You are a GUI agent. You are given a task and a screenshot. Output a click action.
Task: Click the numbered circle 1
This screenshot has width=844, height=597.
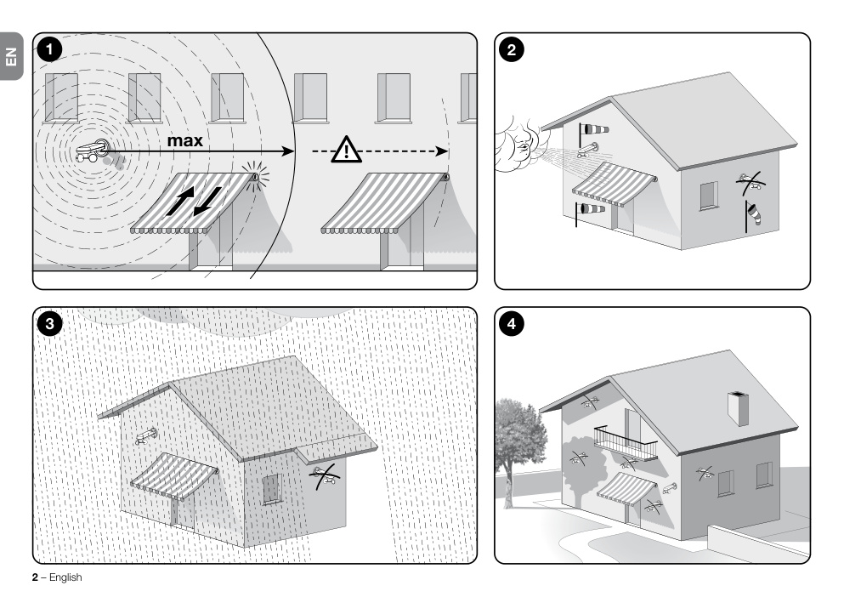click(x=49, y=50)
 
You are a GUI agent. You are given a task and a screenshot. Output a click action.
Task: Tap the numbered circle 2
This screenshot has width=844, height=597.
click(x=512, y=50)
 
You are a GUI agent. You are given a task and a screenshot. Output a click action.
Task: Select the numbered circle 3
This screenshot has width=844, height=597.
click(x=49, y=324)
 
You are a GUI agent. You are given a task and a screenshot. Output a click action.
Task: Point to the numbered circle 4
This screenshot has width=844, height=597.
click(x=512, y=324)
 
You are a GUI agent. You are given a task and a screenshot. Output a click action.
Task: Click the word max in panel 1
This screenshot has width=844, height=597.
click(x=185, y=140)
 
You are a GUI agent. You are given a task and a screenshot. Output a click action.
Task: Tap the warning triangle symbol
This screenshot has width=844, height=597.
click(x=346, y=150)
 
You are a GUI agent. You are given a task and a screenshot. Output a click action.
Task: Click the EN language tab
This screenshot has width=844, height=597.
click(x=11, y=56)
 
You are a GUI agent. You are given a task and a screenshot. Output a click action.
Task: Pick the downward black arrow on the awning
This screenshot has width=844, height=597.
click(x=207, y=201)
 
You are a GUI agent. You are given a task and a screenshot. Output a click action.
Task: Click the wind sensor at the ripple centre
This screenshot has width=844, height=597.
click(x=93, y=150)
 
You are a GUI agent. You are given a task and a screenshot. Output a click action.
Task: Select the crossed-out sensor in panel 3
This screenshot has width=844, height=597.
click(x=326, y=475)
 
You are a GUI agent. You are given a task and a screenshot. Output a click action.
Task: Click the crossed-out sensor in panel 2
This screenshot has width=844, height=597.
click(x=751, y=183)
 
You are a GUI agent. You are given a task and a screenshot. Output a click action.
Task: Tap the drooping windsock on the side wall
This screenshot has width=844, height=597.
click(x=753, y=214)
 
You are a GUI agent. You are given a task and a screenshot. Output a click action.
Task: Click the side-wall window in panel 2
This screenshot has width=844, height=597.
click(x=709, y=196)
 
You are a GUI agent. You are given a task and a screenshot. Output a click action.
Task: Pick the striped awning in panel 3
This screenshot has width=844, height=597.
click(x=174, y=476)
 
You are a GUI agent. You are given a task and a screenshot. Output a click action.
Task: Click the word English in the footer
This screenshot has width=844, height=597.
click(x=65, y=577)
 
